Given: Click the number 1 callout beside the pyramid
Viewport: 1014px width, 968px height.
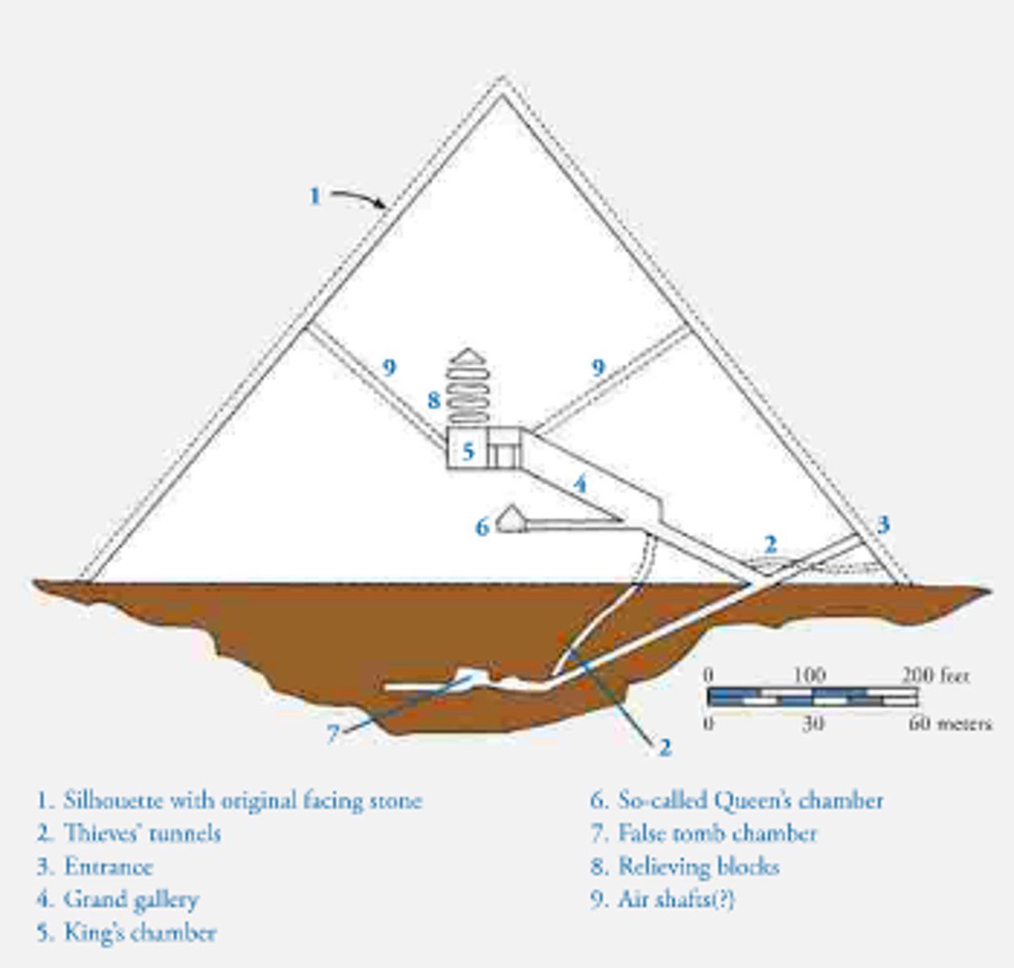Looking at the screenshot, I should (315, 196).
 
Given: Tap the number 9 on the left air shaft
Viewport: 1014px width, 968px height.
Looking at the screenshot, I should (389, 368).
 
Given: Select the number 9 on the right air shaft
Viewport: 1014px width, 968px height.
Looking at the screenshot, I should (598, 368).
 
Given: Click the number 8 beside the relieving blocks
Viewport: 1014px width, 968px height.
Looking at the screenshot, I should (434, 399).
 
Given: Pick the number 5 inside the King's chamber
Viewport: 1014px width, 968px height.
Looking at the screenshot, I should (468, 451).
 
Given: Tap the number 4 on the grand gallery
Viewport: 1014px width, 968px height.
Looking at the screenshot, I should (579, 485).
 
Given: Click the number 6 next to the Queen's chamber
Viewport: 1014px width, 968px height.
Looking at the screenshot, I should (482, 527).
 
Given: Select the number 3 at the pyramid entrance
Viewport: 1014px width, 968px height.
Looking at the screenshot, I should (883, 524).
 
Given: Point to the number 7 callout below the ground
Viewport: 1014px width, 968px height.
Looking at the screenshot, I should (332, 734).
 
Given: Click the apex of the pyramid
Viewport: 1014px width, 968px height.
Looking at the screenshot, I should (503, 81).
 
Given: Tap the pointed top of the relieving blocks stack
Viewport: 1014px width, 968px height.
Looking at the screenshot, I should (468, 353).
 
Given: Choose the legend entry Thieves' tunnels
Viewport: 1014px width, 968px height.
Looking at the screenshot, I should (129, 833).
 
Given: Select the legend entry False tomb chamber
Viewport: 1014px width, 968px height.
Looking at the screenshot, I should (703, 833).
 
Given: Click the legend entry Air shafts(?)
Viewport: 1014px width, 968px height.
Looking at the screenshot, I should (662, 899).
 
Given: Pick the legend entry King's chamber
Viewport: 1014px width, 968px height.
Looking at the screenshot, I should (127, 933).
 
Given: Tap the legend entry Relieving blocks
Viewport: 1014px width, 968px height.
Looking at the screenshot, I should (685, 866).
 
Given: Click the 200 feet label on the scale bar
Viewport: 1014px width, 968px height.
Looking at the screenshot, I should (935, 675).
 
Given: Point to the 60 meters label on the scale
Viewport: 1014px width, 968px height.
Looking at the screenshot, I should (949, 723).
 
